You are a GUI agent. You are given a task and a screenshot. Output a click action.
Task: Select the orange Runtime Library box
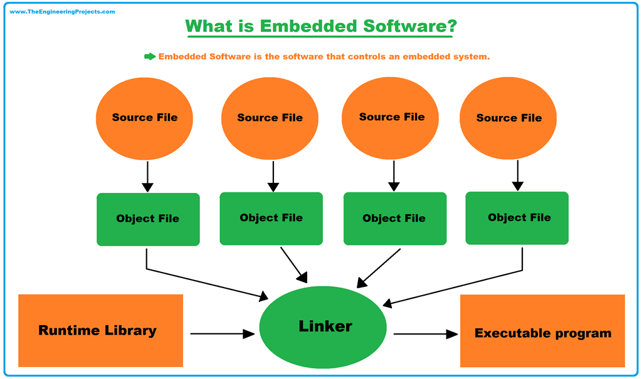[100, 330]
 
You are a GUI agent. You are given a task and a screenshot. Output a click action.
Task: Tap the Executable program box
[542, 331]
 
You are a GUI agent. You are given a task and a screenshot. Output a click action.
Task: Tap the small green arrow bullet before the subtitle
[150, 56]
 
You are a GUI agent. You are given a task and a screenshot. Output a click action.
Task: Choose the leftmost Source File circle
[145, 118]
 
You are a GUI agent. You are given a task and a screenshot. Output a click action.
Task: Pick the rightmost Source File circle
[508, 118]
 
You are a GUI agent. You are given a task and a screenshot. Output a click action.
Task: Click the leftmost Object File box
[148, 219]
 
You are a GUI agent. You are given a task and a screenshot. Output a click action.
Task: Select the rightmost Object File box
[517, 217]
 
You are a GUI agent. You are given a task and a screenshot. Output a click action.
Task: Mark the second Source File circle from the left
[270, 118]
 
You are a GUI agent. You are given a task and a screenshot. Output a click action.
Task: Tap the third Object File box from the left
[395, 218]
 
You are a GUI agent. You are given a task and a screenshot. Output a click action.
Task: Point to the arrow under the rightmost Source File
[517, 175]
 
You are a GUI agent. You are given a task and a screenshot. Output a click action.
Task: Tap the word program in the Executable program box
[581, 333]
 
